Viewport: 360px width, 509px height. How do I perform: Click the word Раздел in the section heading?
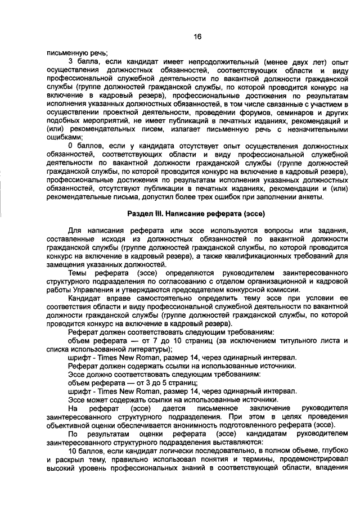tap(141, 214)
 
